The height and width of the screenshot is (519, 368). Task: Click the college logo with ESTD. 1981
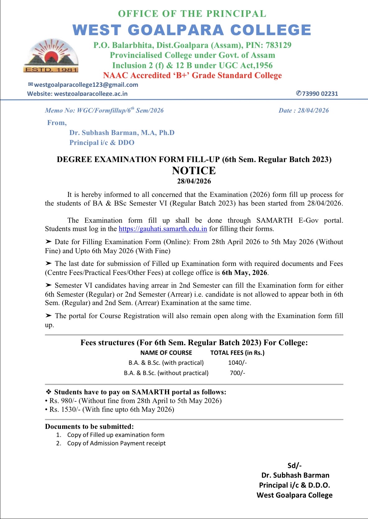click(x=51, y=56)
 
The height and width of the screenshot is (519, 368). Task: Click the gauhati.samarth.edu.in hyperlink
click(x=163, y=229)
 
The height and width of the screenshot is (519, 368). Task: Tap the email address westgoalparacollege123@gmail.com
click(x=86, y=85)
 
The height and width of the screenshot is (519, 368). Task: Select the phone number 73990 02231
click(x=320, y=94)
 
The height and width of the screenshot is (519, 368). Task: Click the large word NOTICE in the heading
click(x=194, y=170)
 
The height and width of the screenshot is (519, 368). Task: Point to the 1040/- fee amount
click(x=237, y=363)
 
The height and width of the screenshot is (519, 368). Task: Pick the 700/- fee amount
click(x=237, y=373)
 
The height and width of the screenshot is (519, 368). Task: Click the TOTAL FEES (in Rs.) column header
click(x=237, y=353)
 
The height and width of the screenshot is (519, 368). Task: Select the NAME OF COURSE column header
click(x=166, y=353)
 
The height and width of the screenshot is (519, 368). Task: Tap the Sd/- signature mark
click(x=294, y=465)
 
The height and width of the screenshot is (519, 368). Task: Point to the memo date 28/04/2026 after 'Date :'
click(x=313, y=110)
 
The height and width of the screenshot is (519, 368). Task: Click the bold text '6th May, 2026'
click(x=244, y=273)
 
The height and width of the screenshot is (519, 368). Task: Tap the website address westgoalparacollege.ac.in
click(x=91, y=94)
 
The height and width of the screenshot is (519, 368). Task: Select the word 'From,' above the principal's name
click(x=57, y=123)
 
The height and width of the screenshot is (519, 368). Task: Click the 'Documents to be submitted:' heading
click(x=89, y=426)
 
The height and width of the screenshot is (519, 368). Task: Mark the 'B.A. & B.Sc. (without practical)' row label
click(x=166, y=373)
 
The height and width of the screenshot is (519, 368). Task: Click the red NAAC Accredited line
click(x=192, y=76)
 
